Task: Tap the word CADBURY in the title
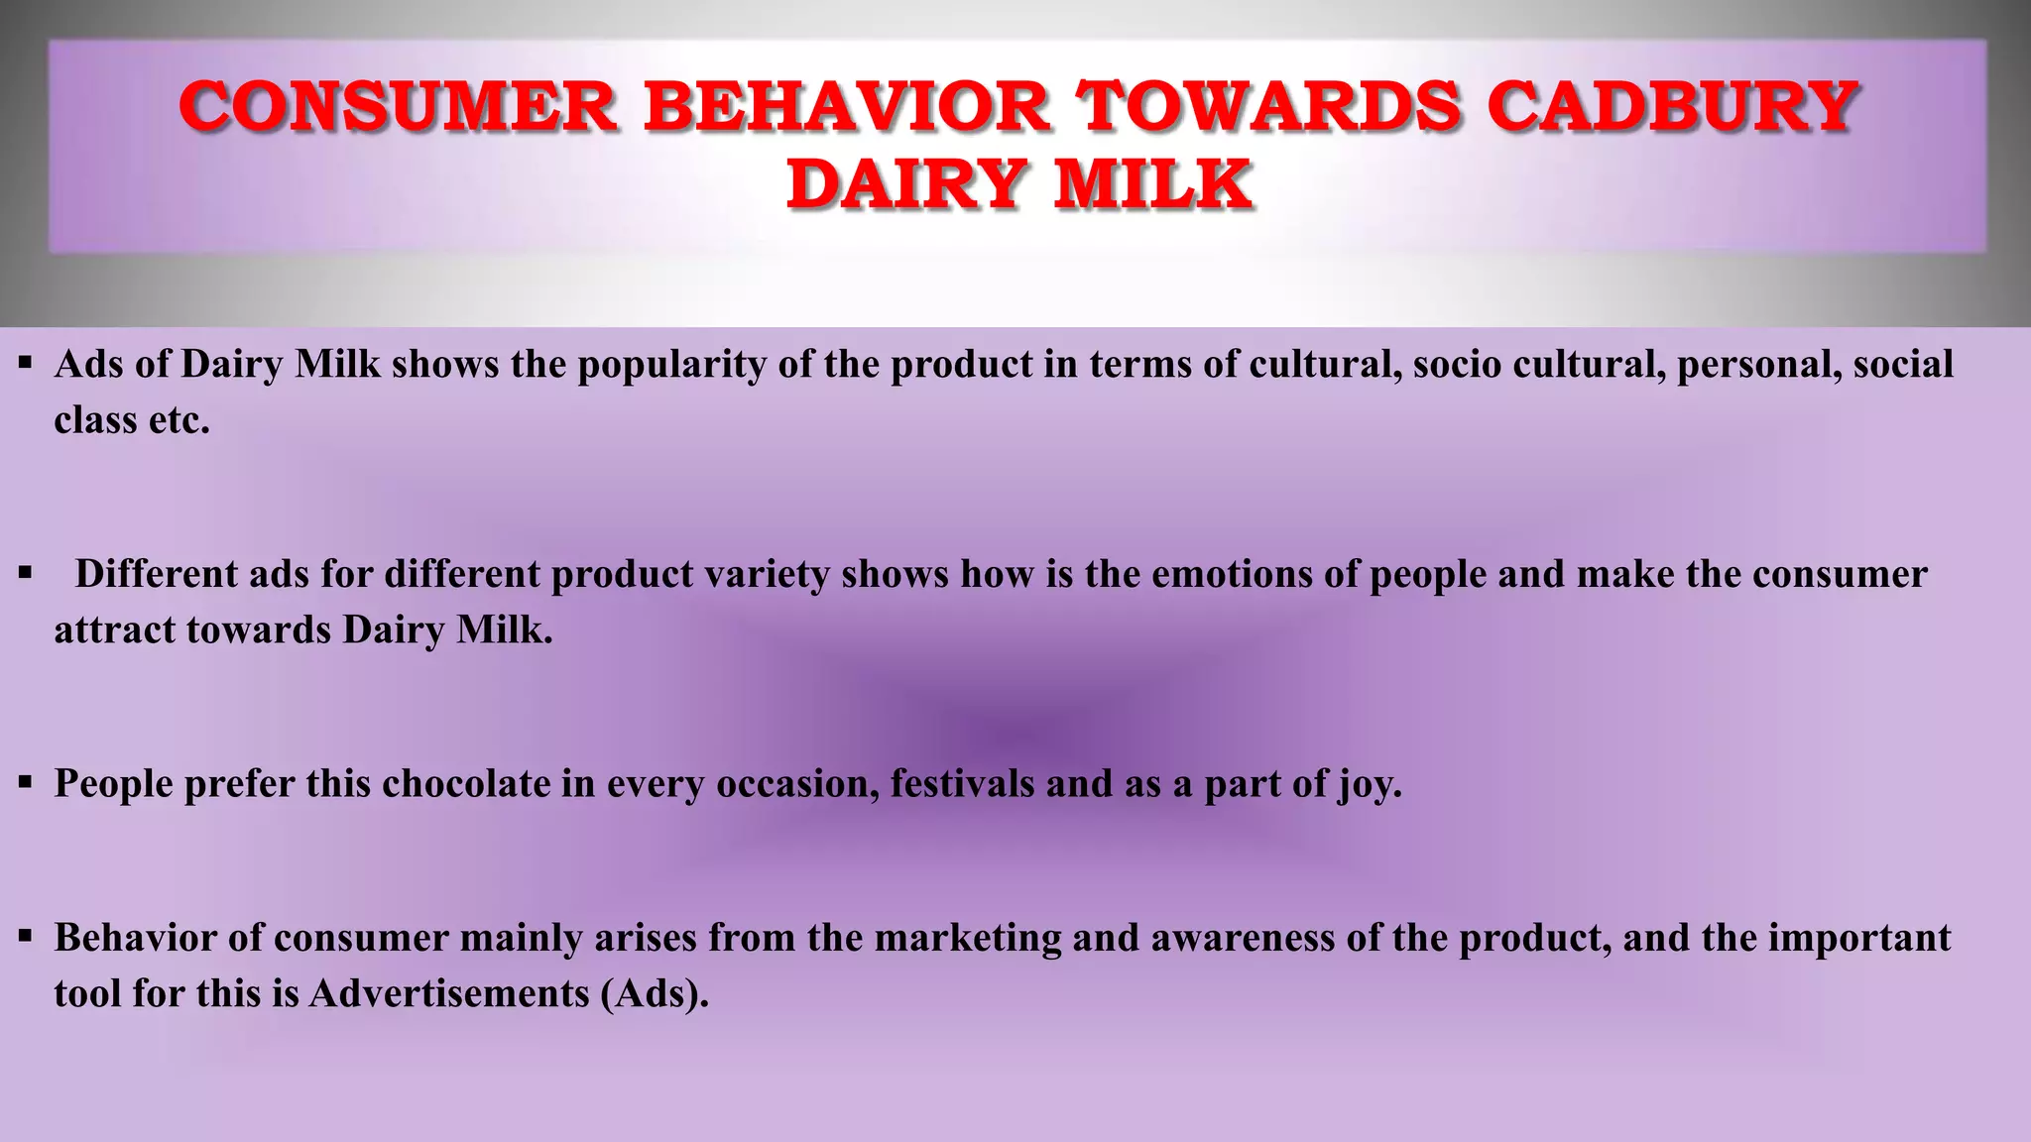1672,107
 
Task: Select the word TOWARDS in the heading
1268,107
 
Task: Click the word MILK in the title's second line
1152,185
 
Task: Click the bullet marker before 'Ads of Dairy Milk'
26,363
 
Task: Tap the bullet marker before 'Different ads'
26,572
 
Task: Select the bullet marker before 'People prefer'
26,782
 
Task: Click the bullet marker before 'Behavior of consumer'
26,936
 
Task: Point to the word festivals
962,784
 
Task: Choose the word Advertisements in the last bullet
449,993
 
